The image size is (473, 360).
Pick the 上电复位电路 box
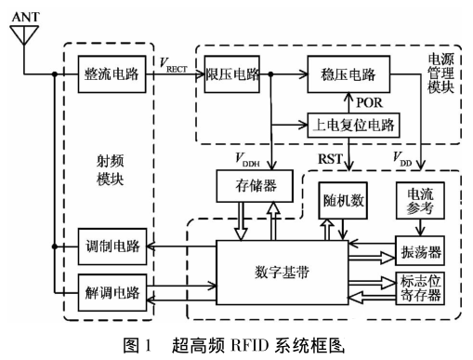[348, 123]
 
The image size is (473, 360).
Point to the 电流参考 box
[414, 202]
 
